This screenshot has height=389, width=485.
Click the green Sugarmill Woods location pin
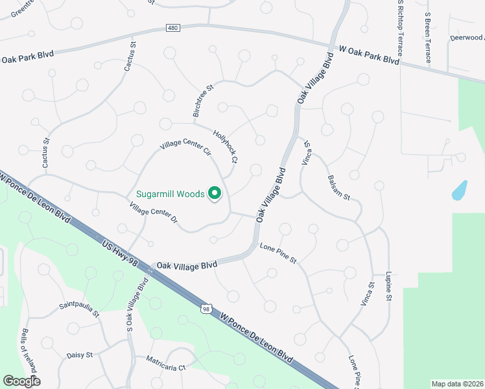point(215,193)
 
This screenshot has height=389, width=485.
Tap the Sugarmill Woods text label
point(171,194)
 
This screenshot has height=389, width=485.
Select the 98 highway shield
point(206,309)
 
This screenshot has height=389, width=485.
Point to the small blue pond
point(459,189)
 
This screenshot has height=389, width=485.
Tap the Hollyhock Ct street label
point(226,146)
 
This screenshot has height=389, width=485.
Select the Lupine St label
point(388,286)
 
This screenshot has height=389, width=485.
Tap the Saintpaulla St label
point(79,309)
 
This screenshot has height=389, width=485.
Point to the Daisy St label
point(80,355)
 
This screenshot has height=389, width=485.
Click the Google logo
point(21,381)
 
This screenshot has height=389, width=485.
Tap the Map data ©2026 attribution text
point(457,384)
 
